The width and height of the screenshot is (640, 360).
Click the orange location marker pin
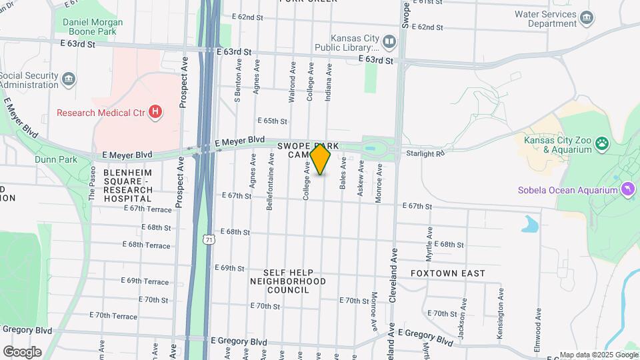(320, 159)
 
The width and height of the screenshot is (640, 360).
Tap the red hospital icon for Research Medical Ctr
(155, 112)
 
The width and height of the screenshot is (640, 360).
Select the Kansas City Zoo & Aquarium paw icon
(602, 143)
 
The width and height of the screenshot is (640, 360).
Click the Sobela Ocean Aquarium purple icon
(627, 191)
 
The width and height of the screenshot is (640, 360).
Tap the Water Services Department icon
(587, 17)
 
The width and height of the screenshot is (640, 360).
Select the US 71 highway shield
(209, 239)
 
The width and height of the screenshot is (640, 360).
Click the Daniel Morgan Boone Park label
(94, 27)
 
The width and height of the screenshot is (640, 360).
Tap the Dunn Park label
(57, 159)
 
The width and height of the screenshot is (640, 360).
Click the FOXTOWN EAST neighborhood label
(447, 273)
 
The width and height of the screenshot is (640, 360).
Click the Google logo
(22, 351)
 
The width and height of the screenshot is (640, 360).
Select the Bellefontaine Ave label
(271, 181)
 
